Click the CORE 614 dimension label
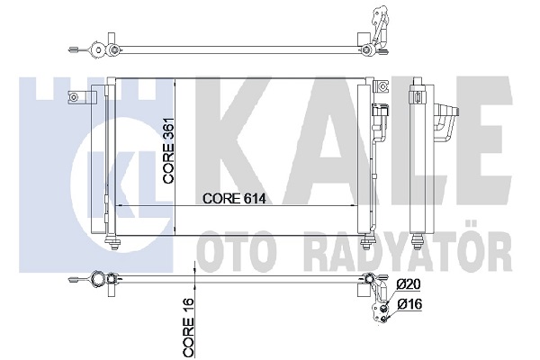234,198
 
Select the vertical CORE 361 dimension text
169,151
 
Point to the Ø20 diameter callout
409,284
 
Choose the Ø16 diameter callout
409,304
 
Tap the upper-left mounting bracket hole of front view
74,97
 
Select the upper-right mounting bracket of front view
382,85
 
